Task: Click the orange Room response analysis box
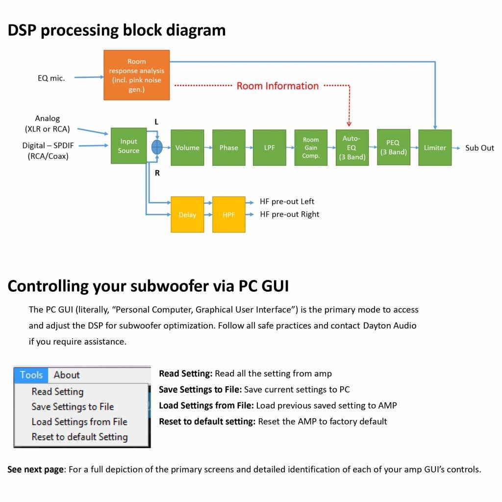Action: point(136,75)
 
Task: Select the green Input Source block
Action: point(128,146)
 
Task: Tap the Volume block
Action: point(187,148)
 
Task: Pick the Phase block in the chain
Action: point(228,148)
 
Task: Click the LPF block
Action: point(270,148)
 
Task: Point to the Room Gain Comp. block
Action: point(311,148)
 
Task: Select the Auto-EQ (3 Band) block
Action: point(352,148)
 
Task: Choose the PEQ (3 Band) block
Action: point(393,147)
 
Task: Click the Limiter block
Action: point(435,148)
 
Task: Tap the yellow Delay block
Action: point(187,215)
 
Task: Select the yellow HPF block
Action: point(228,215)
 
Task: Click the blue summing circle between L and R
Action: point(157,147)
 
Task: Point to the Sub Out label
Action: point(479,148)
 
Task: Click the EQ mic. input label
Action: point(51,78)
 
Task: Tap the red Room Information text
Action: point(277,86)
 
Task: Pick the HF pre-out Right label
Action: point(289,214)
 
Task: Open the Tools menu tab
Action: point(31,375)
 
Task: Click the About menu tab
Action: point(67,375)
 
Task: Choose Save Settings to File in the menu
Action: point(73,406)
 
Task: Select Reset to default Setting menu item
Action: point(79,437)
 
